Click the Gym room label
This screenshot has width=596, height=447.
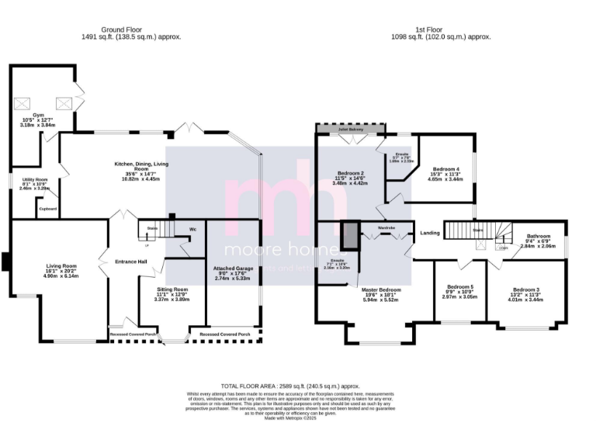pos(39,116)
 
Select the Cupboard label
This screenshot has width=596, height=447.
pos(48,209)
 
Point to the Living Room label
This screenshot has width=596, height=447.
pos(60,265)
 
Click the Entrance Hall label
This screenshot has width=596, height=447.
pos(131,261)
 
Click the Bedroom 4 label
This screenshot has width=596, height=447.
pos(446,168)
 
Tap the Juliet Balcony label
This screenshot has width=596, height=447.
pos(348,129)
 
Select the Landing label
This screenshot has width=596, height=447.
pos(430,233)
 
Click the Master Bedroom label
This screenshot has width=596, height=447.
pos(380,289)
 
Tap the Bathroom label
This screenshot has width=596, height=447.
pos(539,236)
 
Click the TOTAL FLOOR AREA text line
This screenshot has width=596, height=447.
pos(290,386)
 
